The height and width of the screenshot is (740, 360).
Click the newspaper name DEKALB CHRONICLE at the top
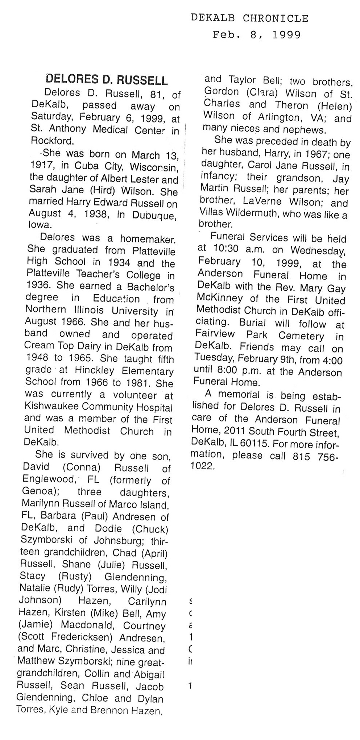point(250,18)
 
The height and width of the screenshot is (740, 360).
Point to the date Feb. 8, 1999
point(257,35)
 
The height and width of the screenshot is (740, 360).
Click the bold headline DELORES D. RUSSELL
point(108,79)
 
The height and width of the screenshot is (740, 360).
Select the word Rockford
point(53,141)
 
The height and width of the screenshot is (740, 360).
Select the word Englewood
point(48,479)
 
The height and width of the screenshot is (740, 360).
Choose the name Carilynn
point(147,602)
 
